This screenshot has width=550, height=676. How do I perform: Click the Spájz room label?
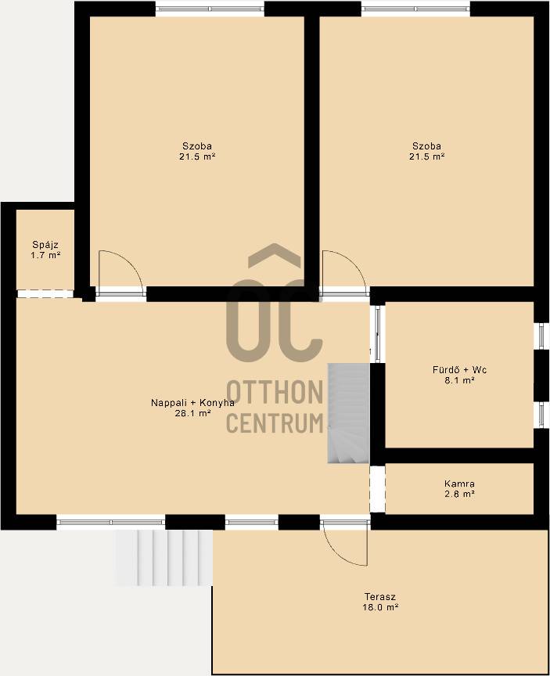45,245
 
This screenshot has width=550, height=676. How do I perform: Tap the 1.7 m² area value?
45,255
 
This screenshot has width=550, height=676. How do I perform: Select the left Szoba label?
197,146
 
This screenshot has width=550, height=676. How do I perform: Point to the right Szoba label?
426,146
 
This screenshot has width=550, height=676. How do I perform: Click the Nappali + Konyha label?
192,403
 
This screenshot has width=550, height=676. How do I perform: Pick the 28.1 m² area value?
192,413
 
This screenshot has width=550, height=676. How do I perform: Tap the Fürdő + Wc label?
459,370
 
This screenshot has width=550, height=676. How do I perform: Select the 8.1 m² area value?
459,380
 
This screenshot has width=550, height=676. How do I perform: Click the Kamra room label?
459,484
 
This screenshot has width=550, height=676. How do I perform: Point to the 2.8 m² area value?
459,494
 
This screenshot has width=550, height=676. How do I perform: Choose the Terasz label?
380,597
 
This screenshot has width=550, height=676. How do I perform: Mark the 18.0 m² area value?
380,607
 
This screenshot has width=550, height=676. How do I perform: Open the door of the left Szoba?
120,272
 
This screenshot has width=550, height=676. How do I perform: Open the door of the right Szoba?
344,272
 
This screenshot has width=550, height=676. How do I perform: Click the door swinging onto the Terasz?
345,542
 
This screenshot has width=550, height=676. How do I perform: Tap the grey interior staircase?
349,413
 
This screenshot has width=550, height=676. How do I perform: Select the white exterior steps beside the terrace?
164,558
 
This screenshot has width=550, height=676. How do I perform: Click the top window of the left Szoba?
210,9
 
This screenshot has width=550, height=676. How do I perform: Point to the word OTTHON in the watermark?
275,392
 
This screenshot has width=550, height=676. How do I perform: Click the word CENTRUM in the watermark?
275,423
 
